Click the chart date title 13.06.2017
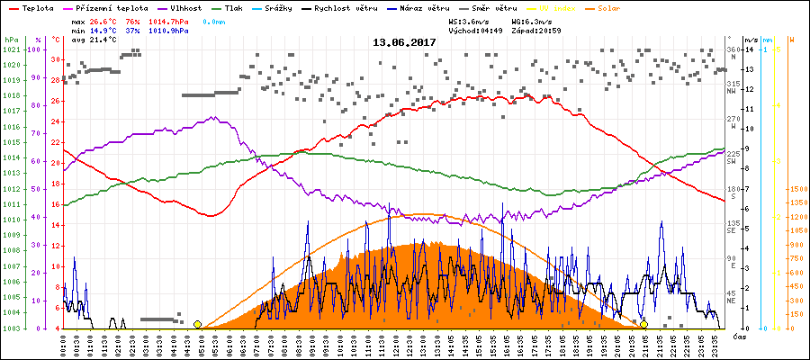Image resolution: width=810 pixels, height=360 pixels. pos(405,42)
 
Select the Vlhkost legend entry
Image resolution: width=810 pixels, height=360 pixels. pos(185,8)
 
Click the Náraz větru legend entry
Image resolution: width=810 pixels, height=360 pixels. pos(413,8)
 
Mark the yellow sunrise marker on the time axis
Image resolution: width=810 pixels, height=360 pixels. pos(197,324)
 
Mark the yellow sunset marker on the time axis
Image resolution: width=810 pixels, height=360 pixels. pos(644,324)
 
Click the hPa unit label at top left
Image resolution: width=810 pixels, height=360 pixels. pos(10,40)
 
